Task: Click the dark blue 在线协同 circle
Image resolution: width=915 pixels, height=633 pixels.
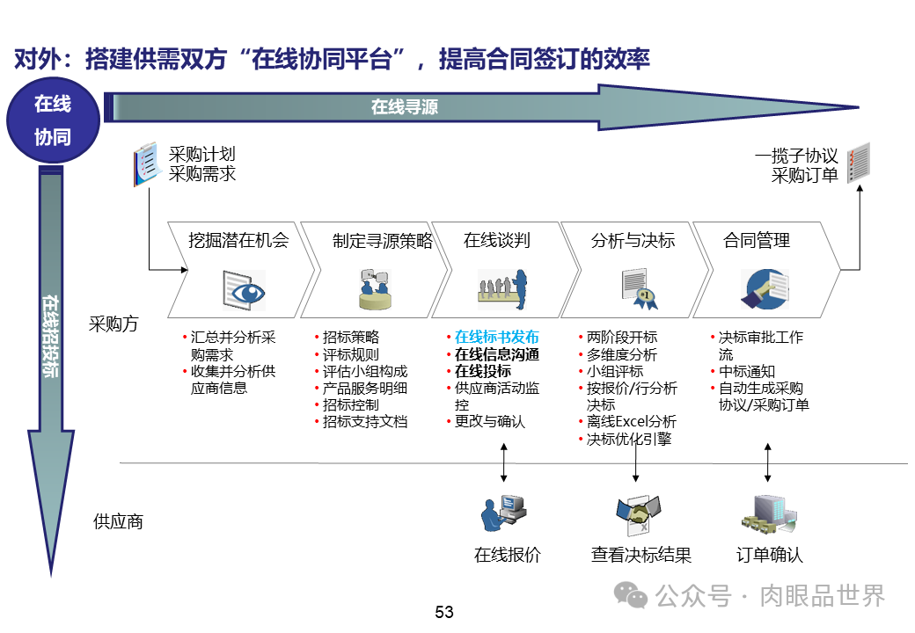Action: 52,120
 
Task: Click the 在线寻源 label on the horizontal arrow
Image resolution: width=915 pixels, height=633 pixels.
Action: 404,107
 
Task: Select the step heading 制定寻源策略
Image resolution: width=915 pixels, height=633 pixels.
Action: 383,241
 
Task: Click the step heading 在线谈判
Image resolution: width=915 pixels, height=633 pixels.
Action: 497,240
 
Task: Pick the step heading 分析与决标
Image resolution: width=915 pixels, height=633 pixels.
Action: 633,240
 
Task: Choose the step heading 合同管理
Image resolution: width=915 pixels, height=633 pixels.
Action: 757,240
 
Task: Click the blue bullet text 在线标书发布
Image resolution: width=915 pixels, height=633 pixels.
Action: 496,338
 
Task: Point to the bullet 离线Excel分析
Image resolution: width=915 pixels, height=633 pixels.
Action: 632,422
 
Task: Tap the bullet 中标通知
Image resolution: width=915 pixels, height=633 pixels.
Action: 747,372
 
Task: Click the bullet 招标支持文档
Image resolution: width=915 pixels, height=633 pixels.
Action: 365,422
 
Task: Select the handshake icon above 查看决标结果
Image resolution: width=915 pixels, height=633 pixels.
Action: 638,514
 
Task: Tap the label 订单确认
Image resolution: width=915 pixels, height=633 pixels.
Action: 769,556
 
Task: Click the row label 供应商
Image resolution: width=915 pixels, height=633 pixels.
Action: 118,521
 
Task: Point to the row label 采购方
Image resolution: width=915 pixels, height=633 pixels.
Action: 114,324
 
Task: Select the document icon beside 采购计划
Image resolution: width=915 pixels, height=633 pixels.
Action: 145,164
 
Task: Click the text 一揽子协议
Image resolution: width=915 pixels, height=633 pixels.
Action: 796,156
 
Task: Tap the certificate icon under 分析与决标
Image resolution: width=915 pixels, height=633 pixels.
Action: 639,288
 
